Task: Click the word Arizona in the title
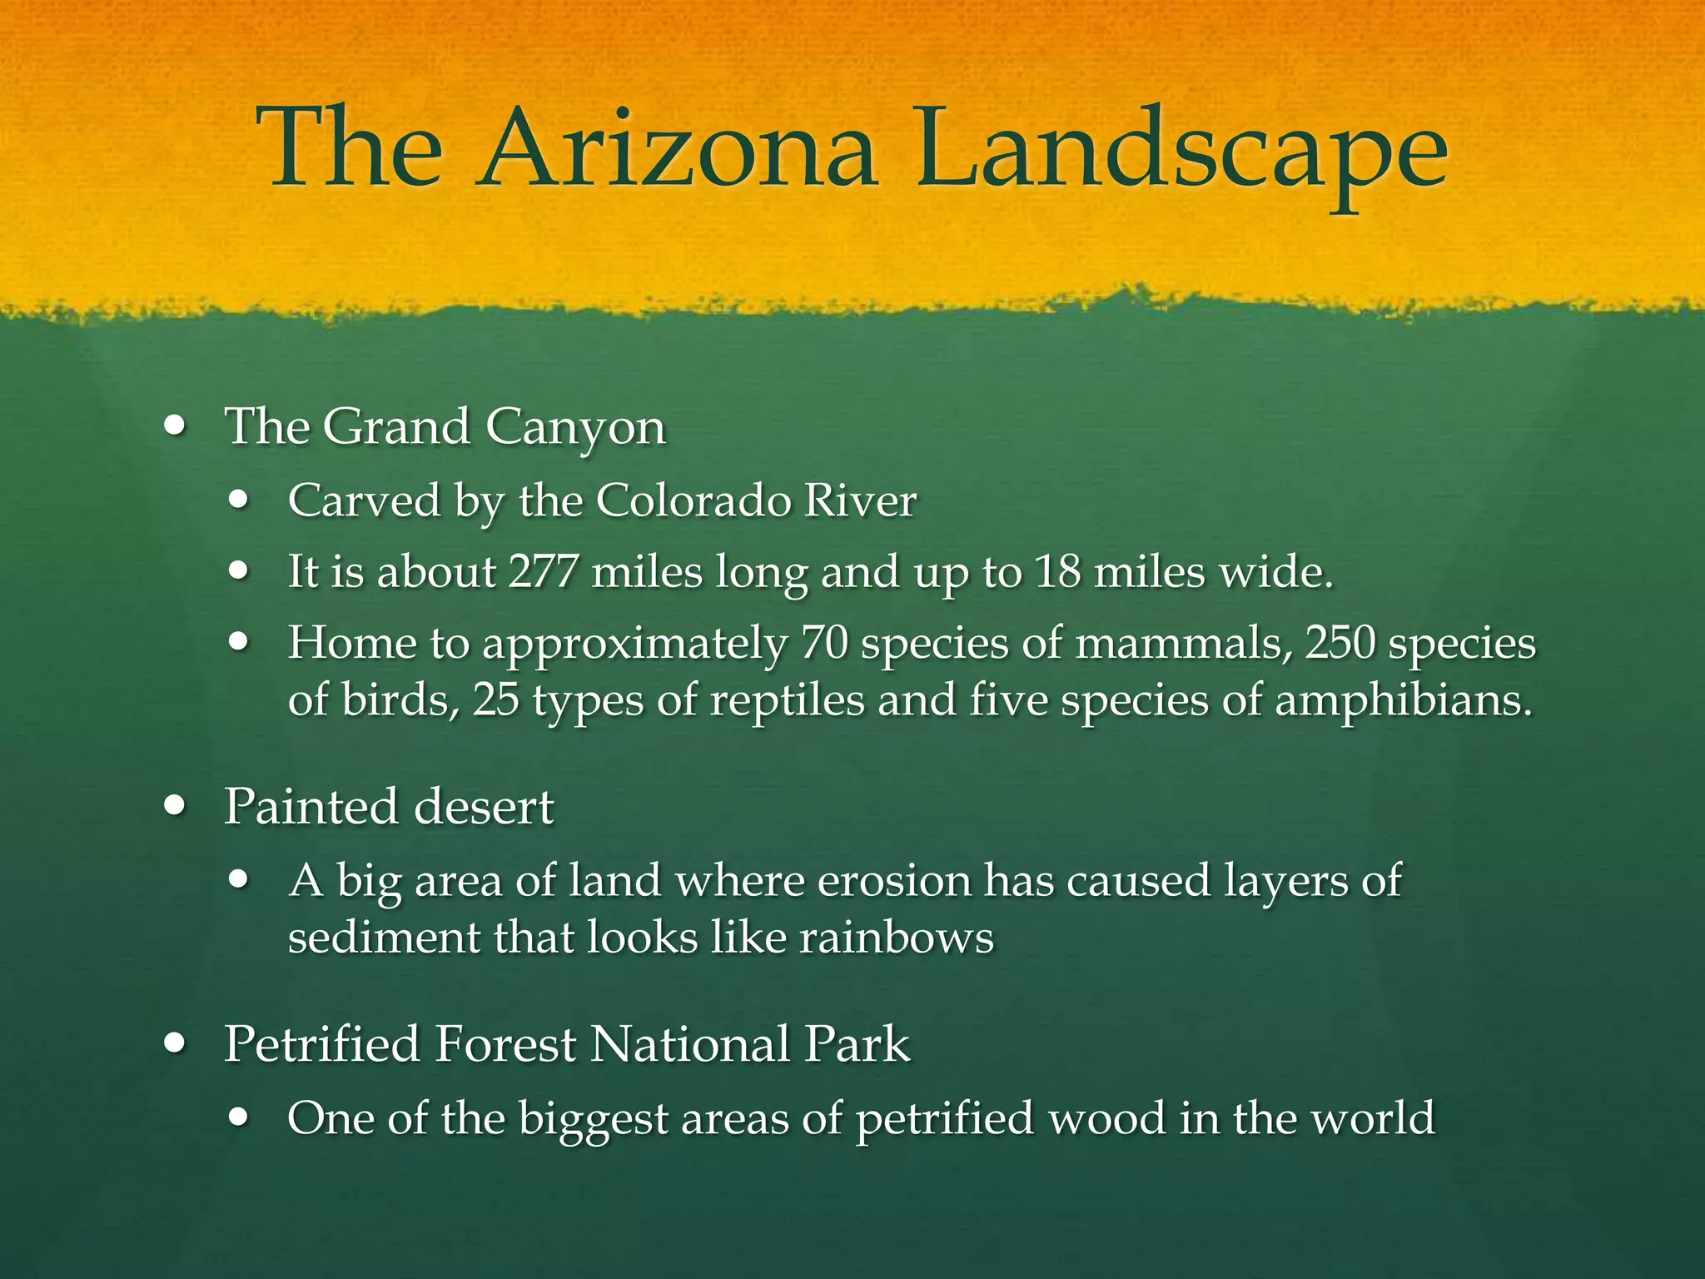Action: tap(676, 150)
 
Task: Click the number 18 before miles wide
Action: tap(1056, 573)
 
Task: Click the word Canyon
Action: tap(575, 428)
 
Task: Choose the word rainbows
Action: tap(897, 938)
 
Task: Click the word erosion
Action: tap(893, 881)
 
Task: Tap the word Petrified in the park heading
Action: tap(322, 1043)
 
